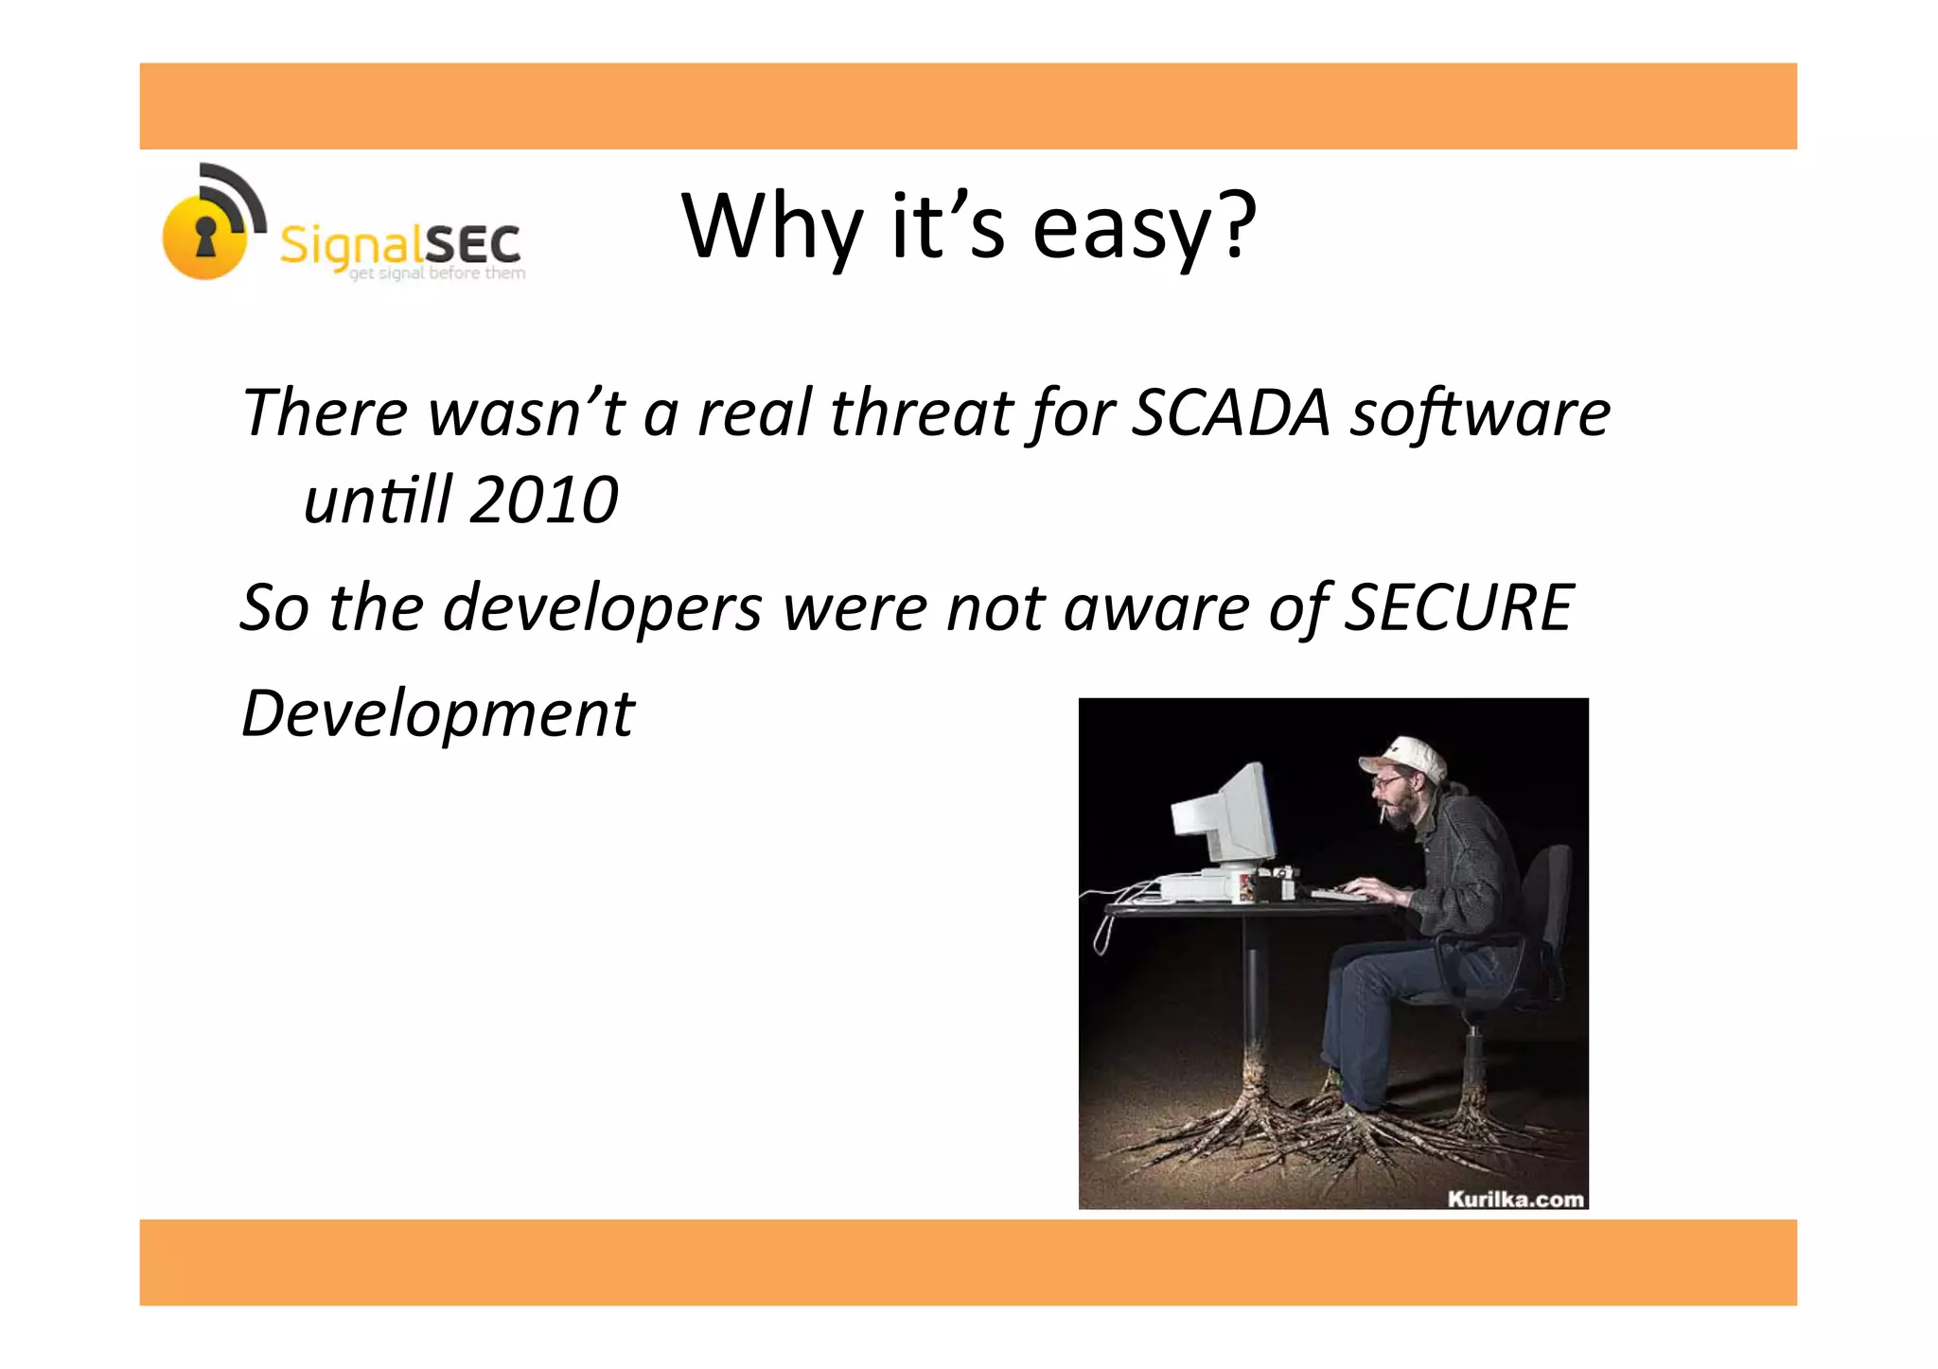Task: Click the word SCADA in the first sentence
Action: (x=1231, y=413)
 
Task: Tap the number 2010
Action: (x=543, y=500)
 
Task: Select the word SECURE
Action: (x=1458, y=607)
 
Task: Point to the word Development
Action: (x=438, y=713)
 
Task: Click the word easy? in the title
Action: (x=1144, y=227)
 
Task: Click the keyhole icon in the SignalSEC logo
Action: (x=205, y=236)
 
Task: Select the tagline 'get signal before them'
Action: (x=437, y=273)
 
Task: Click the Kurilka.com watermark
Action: (x=1515, y=1199)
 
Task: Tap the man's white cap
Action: (x=1404, y=756)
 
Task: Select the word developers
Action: (x=602, y=607)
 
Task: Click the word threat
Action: (x=921, y=413)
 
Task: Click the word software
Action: (x=1480, y=413)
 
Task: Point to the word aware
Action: (x=1156, y=607)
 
